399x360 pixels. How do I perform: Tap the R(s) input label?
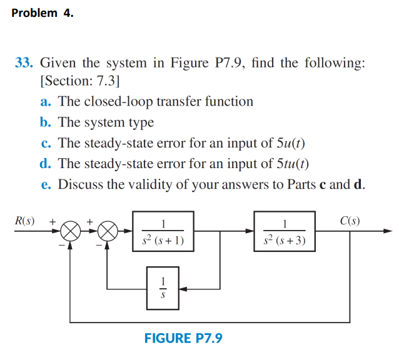tap(24, 221)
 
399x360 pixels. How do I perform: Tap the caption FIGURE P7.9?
tap(183, 339)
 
